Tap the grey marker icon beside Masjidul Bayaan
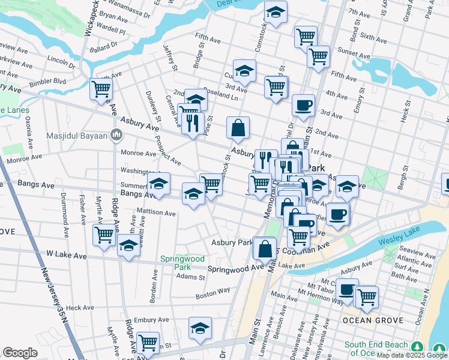(115, 133)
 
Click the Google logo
(20, 353)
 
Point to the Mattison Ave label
(156, 212)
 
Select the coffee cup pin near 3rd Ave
(303, 105)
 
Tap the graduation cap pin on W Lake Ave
(128, 246)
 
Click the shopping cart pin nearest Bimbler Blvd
(101, 89)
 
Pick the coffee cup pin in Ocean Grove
(346, 289)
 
